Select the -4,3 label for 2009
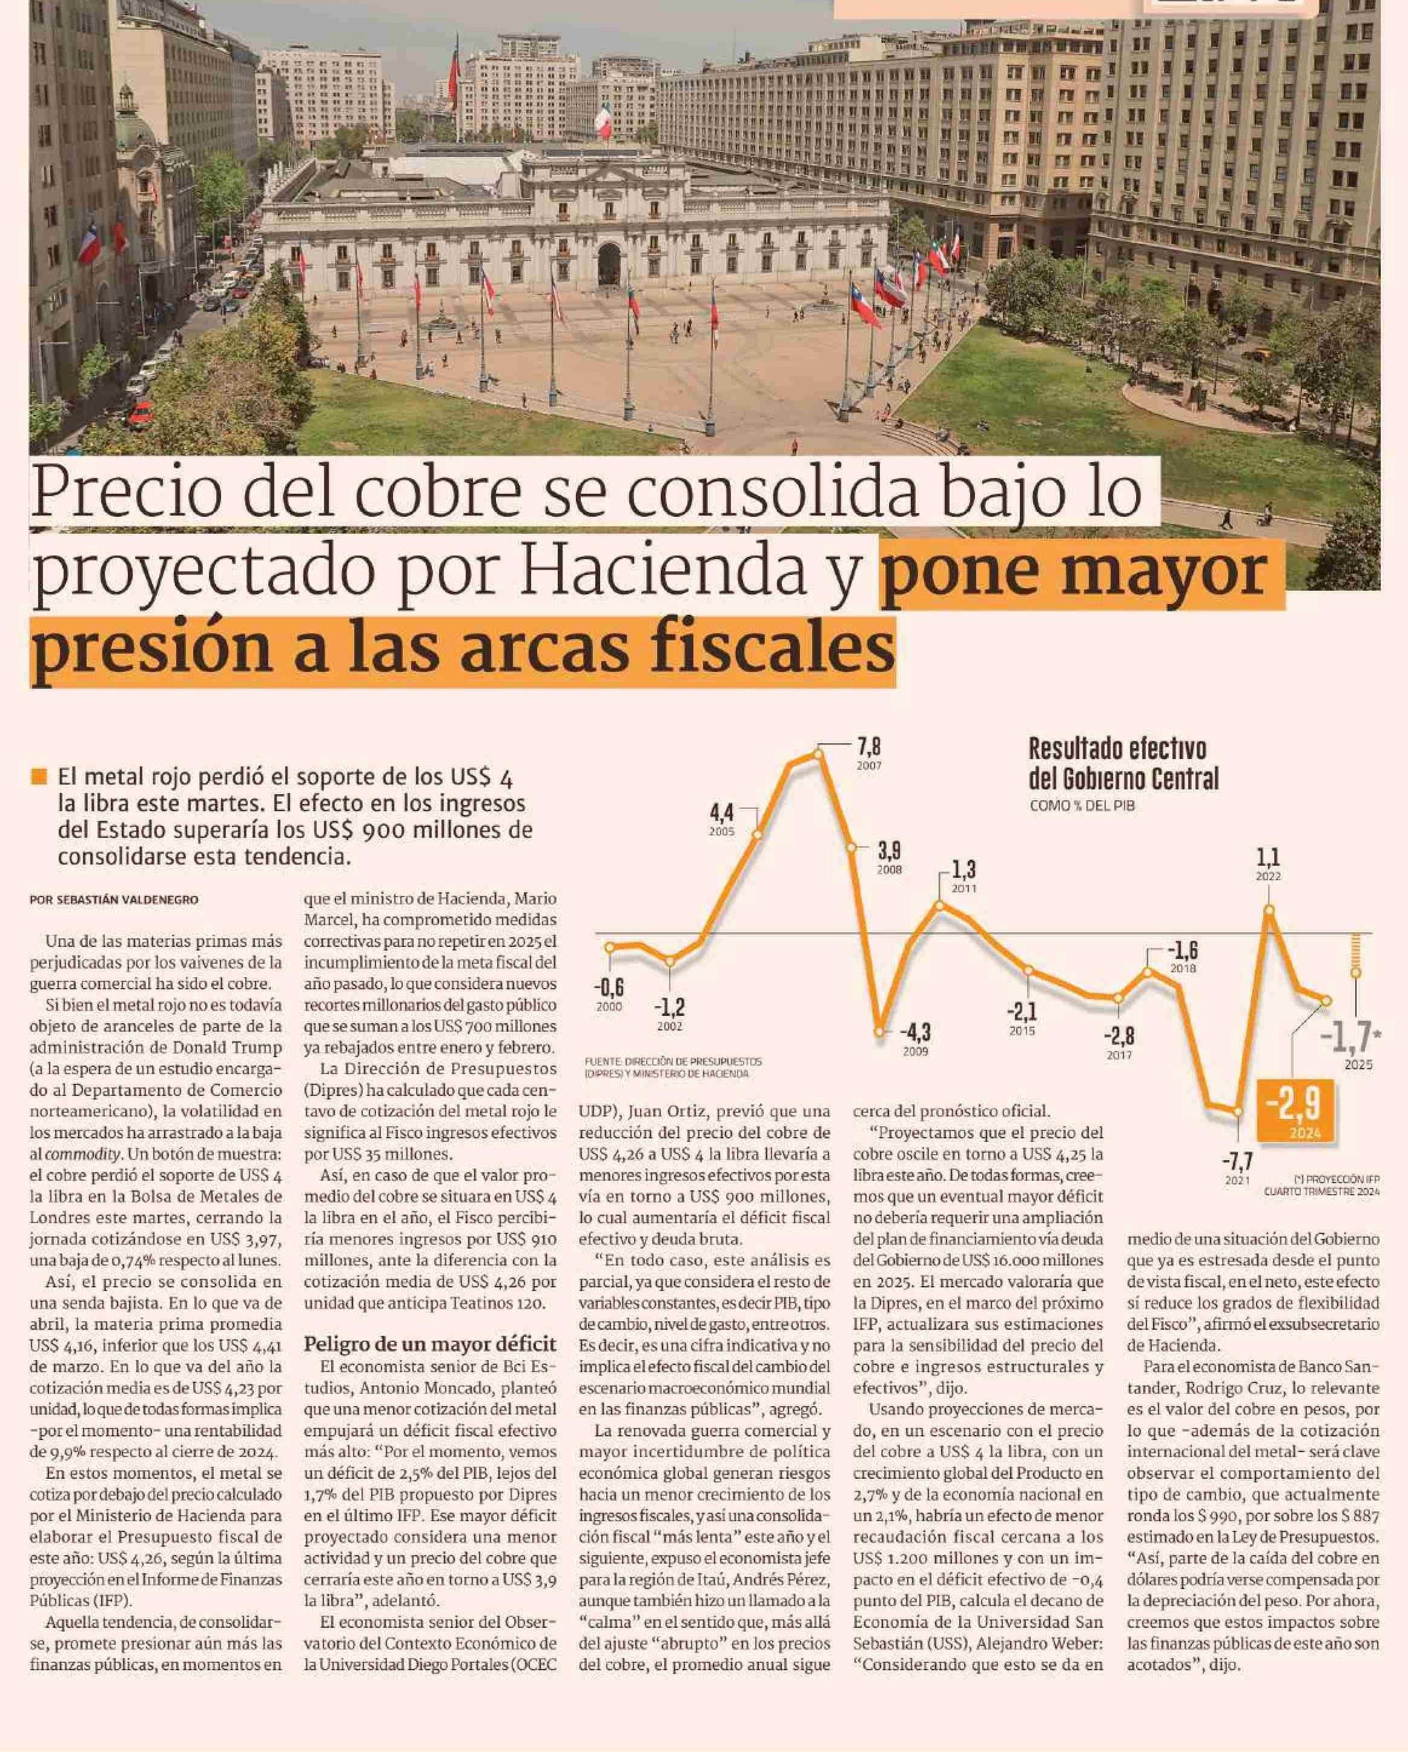(915, 1033)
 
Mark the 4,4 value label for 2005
(721, 812)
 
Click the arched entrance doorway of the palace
(609, 262)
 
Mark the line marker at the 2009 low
(879, 1032)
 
